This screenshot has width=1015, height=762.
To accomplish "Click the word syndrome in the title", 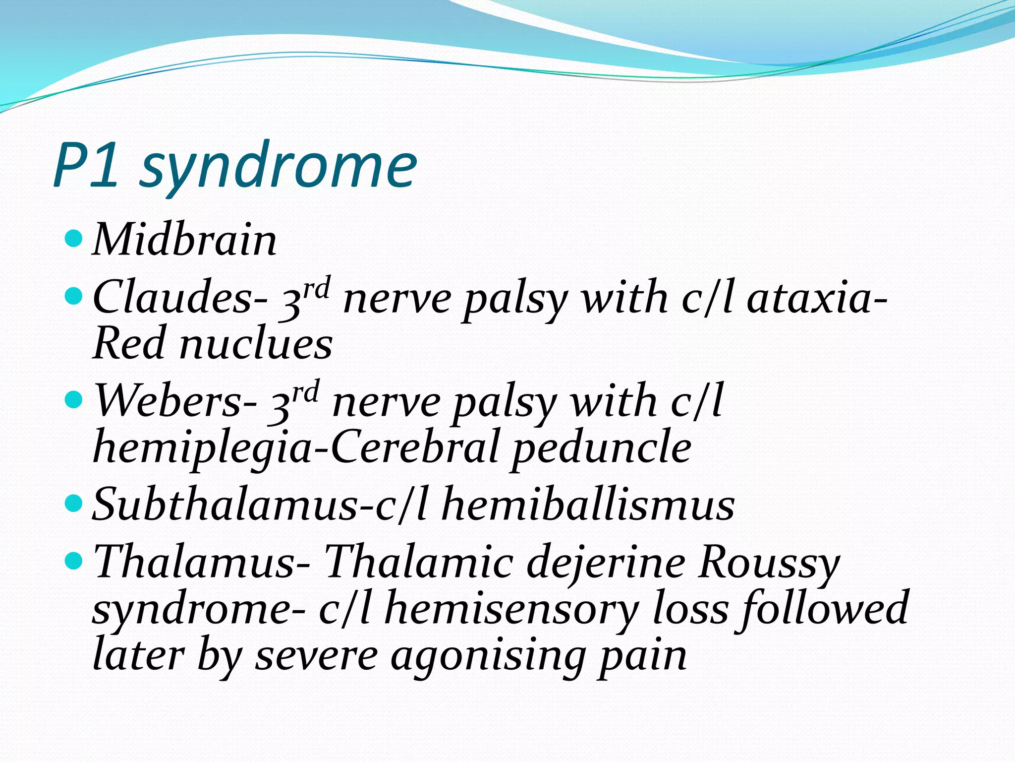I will [279, 166].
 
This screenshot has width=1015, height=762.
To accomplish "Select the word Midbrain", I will [184, 241].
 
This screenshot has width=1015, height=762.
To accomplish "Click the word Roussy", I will [769, 563].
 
